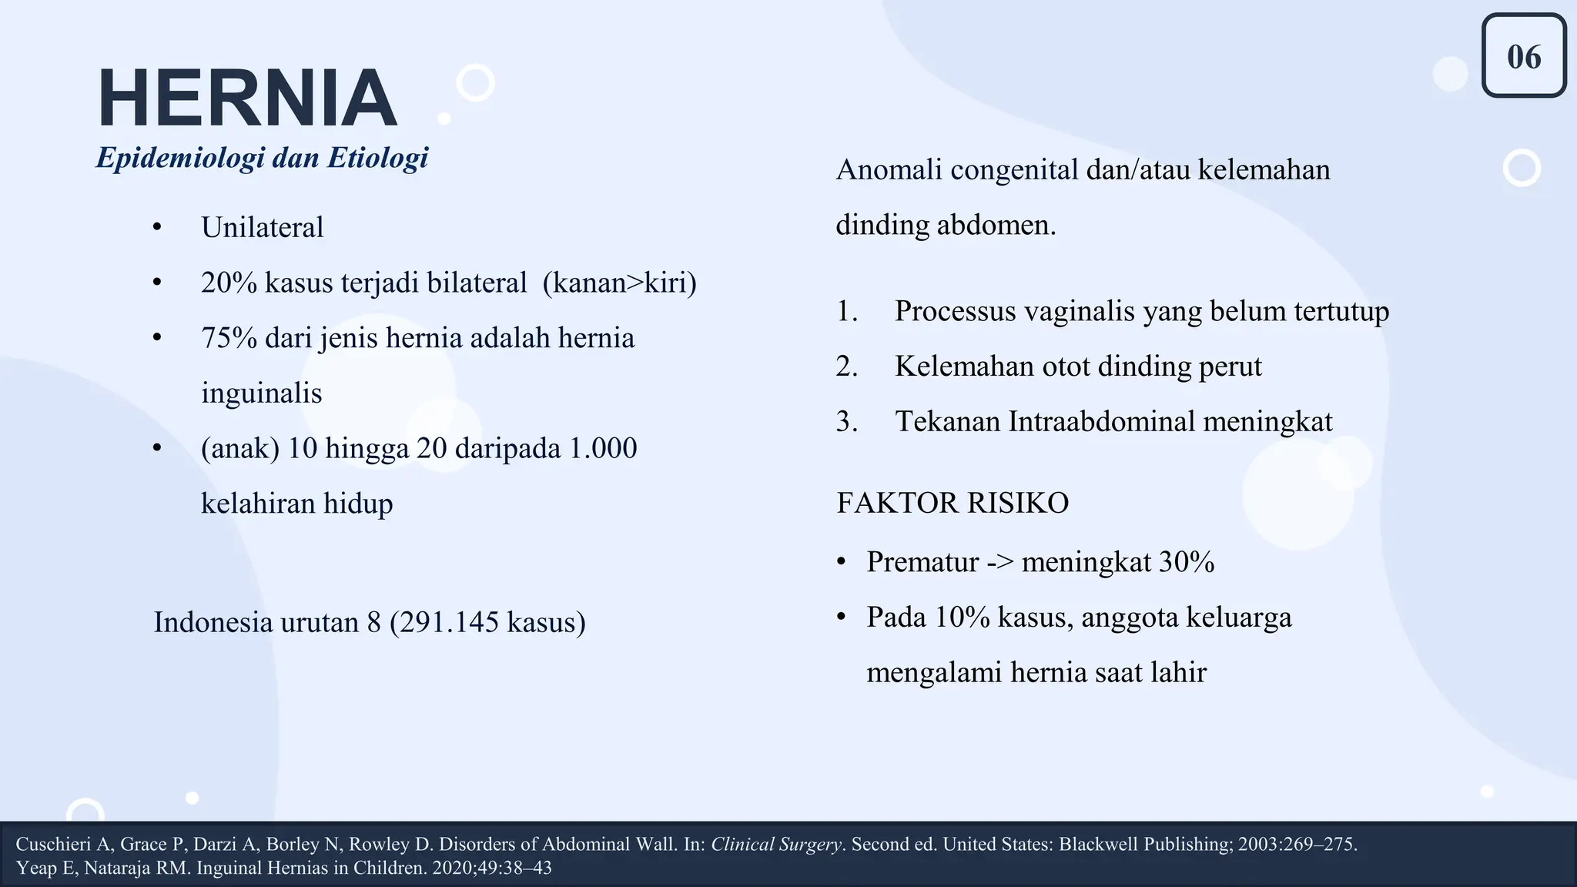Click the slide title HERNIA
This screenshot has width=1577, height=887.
click(246, 99)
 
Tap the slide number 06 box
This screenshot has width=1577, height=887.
click(1523, 57)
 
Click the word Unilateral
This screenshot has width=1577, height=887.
click(262, 228)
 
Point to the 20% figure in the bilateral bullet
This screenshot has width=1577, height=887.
click(229, 283)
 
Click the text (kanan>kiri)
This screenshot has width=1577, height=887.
click(619, 283)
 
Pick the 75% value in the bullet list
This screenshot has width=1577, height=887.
click(229, 339)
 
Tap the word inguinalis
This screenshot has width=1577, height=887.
click(261, 393)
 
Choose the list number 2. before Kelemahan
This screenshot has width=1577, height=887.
click(847, 367)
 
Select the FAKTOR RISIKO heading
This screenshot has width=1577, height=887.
click(953, 504)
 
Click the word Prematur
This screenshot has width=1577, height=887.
click(922, 562)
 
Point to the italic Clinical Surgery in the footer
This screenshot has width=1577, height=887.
click(775, 845)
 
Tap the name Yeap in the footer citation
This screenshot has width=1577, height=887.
click(32, 869)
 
